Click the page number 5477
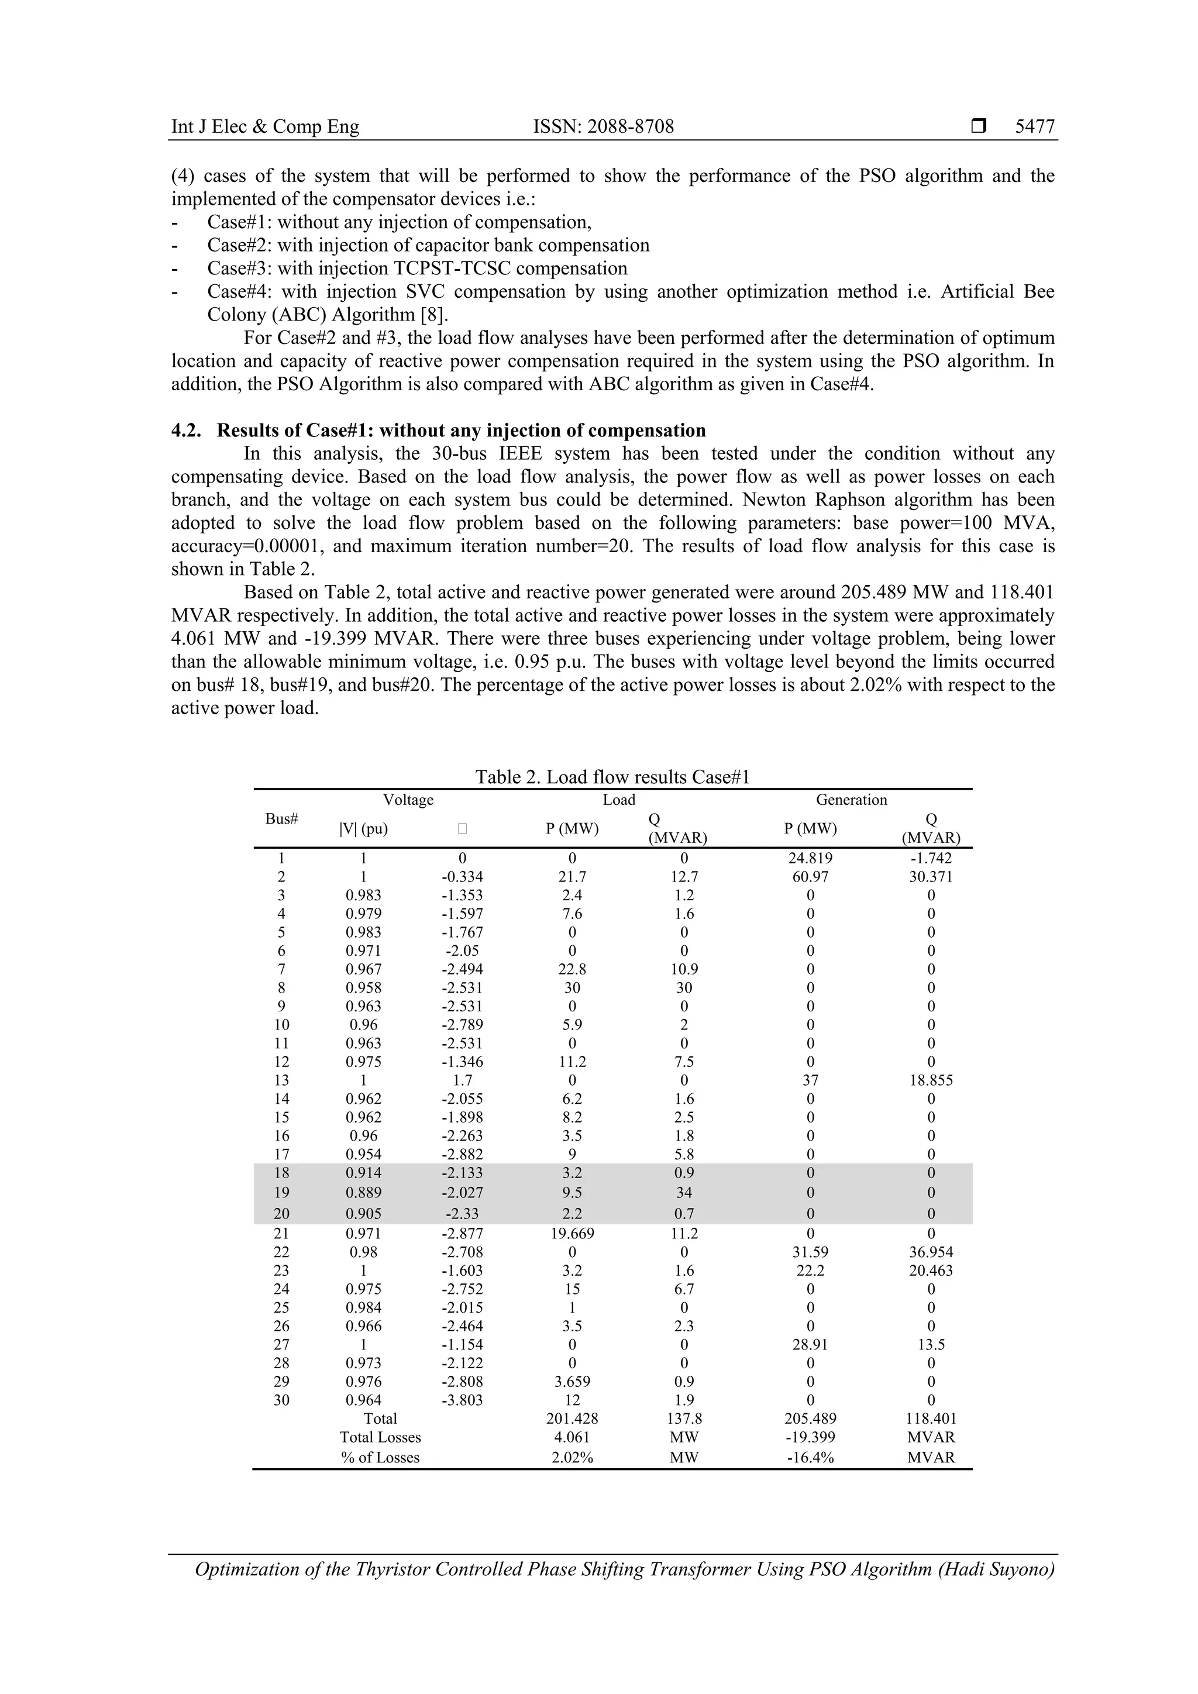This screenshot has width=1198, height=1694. click(1034, 127)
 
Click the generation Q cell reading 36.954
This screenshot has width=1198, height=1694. click(930, 1252)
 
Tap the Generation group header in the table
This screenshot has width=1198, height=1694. click(851, 800)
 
